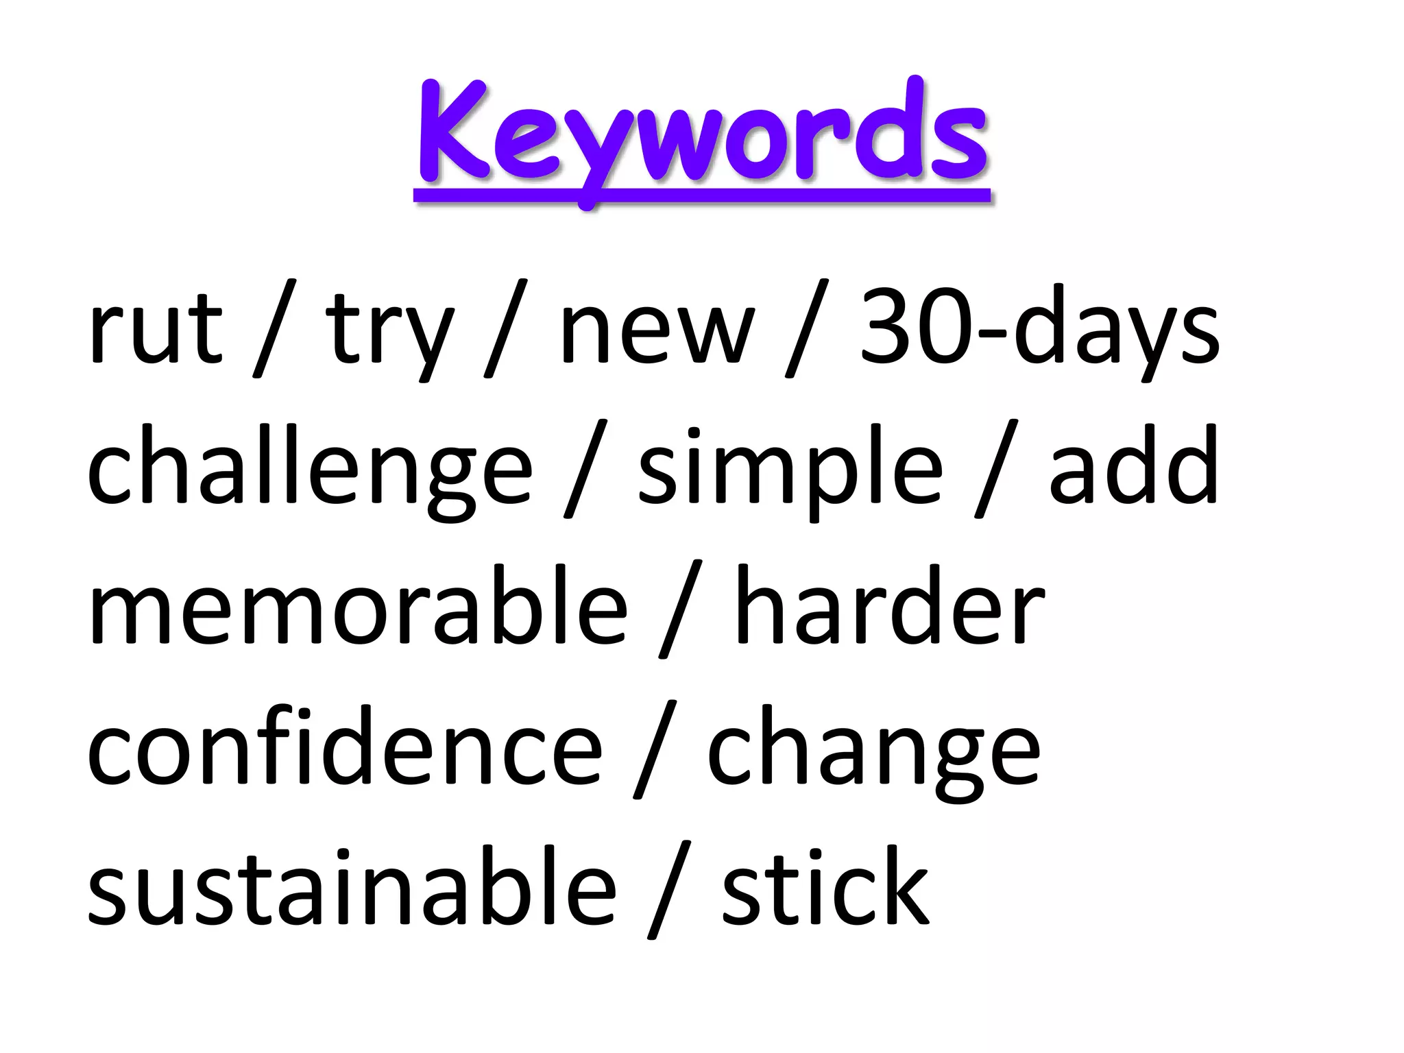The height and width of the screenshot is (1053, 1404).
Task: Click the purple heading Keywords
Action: (x=702, y=134)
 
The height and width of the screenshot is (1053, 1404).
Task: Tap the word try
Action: (x=389, y=332)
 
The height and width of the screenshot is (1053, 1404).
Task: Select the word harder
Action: (x=889, y=607)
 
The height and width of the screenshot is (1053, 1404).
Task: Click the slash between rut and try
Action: (x=274, y=329)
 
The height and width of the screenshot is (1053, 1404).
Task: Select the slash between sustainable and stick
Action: (x=669, y=890)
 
